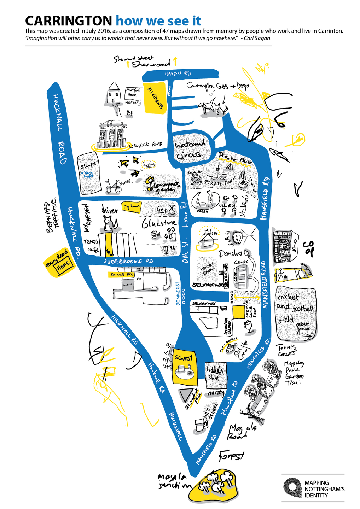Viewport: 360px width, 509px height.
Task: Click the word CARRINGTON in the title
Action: tap(69, 21)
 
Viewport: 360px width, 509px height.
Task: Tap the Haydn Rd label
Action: tap(178, 74)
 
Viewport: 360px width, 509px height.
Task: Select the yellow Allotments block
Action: tap(155, 98)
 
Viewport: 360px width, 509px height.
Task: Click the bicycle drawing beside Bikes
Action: tap(114, 186)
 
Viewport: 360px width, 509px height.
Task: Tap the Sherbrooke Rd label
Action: tap(129, 261)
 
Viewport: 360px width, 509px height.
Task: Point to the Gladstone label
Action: tap(159, 223)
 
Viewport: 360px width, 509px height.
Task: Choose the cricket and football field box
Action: tap(295, 312)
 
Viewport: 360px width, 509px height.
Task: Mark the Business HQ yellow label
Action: tap(121, 274)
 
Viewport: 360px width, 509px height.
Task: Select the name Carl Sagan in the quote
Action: tap(257, 38)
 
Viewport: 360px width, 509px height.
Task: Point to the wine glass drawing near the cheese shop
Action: tap(249, 327)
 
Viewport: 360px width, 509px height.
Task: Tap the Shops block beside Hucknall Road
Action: tap(89, 174)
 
